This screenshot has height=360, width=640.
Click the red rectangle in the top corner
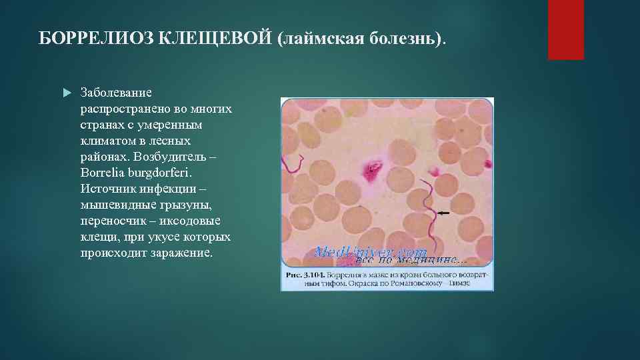pyautogui.click(x=565, y=29)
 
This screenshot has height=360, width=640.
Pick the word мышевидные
pyautogui.click(x=114, y=205)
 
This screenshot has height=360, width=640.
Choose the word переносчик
pyautogui.click(x=112, y=221)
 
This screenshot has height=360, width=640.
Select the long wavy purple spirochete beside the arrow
pyautogui.click(x=433, y=207)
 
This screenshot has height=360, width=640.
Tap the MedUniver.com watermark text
pyautogui.click(x=370, y=253)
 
